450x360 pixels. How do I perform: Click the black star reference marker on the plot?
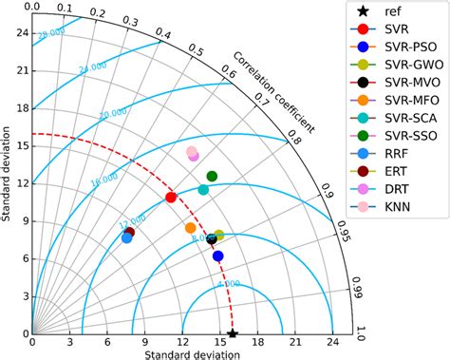[233, 333]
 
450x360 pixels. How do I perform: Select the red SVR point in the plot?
[171, 198]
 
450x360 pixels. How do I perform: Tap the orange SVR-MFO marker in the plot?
[191, 228]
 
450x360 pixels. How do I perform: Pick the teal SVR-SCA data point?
[203, 190]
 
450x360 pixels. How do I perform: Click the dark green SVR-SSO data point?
[212, 176]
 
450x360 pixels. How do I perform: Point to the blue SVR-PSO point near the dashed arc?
[217, 256]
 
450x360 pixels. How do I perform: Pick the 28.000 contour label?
[52, 35]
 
